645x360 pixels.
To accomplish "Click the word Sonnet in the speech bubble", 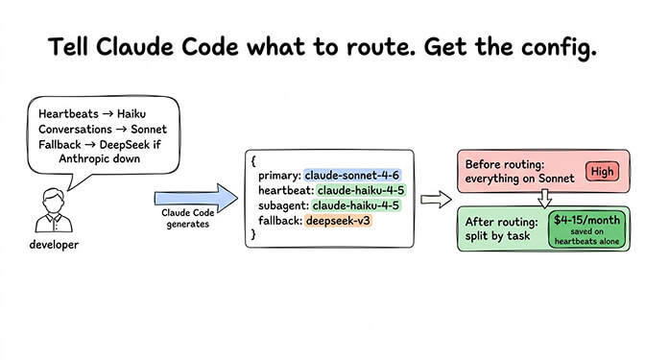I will [x=150, y=128].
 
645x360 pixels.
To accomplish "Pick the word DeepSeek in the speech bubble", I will [x=133, y=144].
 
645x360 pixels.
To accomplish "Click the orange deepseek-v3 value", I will [x=338, y=221].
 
